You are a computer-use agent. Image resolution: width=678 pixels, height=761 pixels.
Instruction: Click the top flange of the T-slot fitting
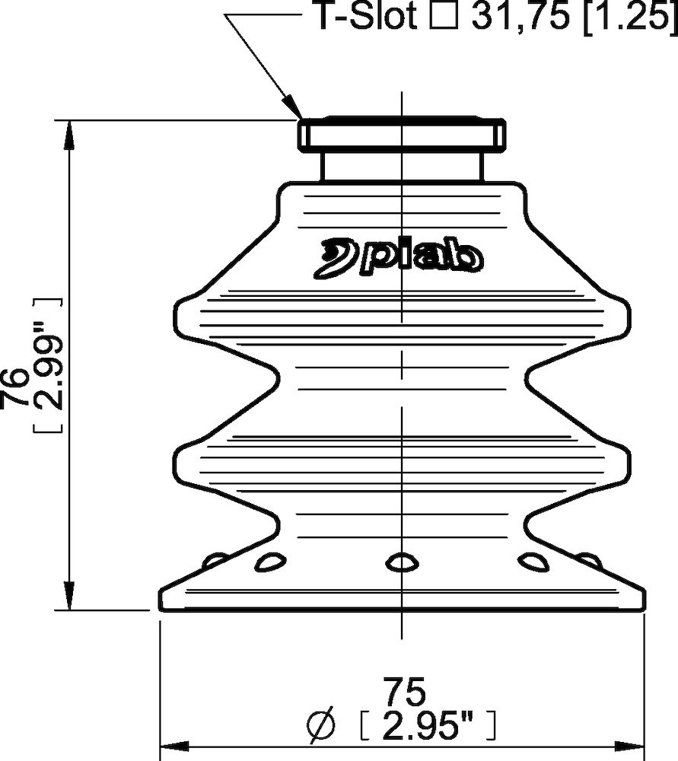pos(400,135)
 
